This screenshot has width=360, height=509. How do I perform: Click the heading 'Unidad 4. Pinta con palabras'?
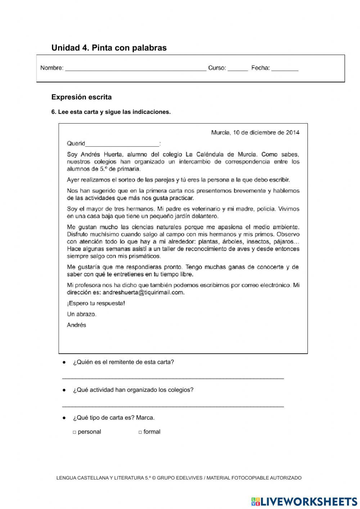[109, 48]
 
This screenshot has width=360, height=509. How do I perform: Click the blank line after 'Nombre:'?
[135, 69]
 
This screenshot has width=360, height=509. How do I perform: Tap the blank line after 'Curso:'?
[238, 69]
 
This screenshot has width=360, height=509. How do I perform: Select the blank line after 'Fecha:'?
[284, 69]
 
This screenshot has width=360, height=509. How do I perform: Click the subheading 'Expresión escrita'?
[81, 97]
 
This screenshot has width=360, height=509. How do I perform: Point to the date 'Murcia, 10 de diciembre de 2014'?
[255, 133]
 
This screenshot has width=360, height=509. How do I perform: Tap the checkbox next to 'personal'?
[75, 432]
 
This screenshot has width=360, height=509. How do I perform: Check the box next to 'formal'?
[140, 432]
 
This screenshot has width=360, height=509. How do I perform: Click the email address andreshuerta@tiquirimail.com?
[143, 293]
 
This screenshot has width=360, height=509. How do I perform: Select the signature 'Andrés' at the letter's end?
[76, 325]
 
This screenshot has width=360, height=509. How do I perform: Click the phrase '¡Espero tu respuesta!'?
[96, 303]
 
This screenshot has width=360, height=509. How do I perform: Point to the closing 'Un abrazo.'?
[81, 314]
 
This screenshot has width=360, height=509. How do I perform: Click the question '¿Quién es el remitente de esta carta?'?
[123, 362]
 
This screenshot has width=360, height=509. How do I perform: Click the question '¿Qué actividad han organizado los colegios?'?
[133, 390]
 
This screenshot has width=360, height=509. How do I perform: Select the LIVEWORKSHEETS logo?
[304, 501]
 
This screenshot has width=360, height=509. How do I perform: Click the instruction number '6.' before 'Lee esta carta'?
[54, 112]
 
